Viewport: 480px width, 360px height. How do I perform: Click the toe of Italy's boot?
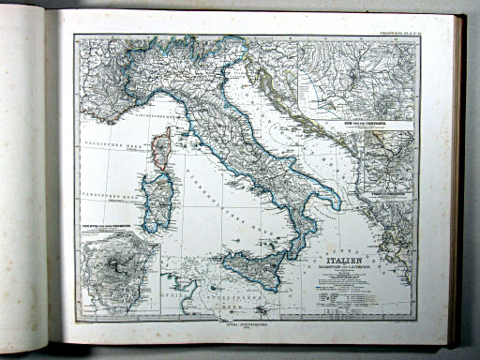292,251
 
